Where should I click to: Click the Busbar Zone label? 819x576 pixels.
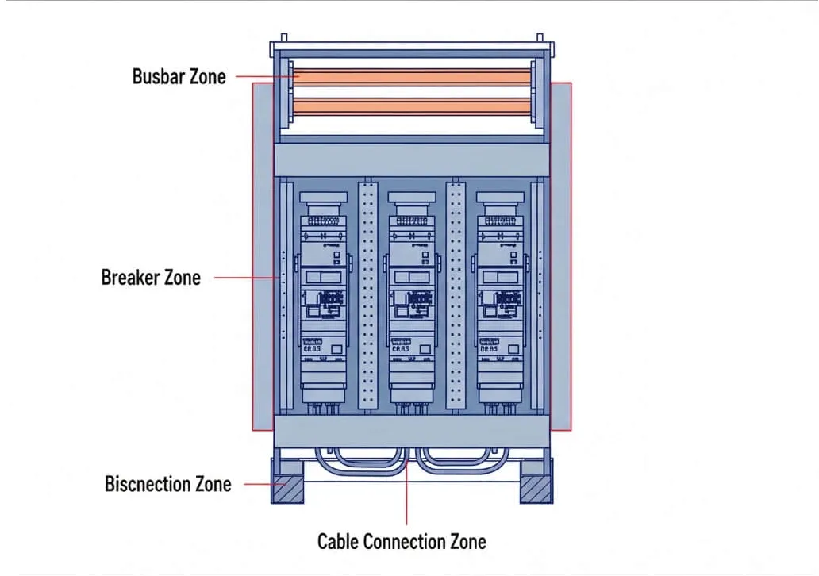(179, 77)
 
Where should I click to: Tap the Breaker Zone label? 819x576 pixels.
(151, 278)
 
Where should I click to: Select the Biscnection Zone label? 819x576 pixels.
(168, 484)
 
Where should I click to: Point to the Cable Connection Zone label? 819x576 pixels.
(402, 542)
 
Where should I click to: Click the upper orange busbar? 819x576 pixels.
(410, 78)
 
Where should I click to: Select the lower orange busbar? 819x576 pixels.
(410, 107)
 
